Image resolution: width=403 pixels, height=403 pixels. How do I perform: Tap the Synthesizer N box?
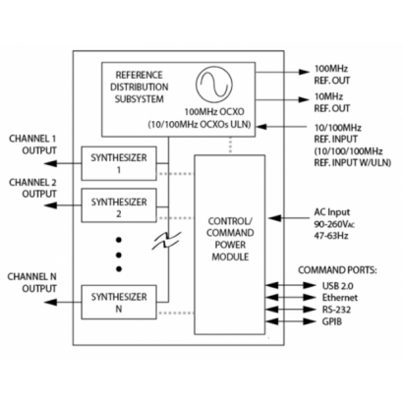(x=117, y=301)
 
